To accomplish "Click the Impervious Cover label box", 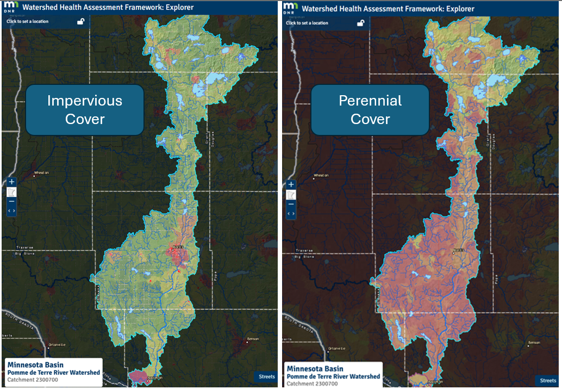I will coord(85,109).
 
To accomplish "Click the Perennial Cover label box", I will coord(370,109).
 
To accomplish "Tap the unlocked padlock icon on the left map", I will coord(80,22).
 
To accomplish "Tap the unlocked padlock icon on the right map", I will coord(360,23).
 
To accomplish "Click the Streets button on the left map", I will coord(266,376).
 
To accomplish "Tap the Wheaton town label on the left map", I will coord(41,173).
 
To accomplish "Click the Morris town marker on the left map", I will coord(175,250).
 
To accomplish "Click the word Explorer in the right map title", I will coord(457,9).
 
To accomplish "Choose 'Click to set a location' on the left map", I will coord(28,22).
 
